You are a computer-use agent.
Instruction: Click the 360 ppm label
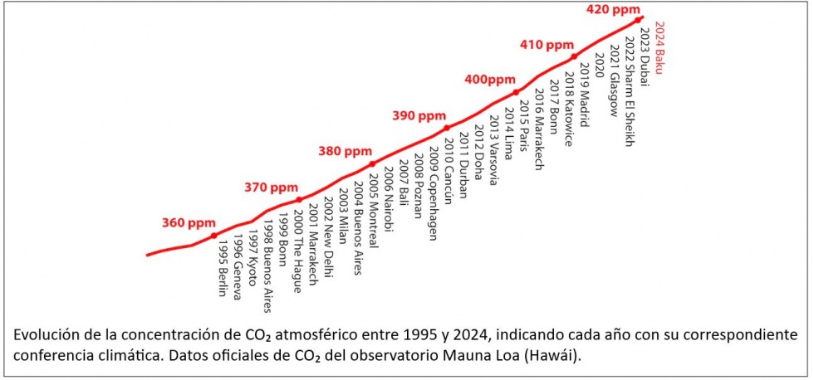[189, 222]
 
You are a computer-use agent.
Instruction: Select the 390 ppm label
[419, 115]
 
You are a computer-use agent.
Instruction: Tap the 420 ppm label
[612, 9]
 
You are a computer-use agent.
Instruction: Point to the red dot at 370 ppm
[299, 199]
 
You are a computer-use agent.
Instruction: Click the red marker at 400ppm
[516, 92]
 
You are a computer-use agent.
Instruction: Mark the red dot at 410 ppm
[574, 56]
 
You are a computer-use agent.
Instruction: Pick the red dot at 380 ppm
[372, 163]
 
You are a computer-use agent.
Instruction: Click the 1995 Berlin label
[222, 263]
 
